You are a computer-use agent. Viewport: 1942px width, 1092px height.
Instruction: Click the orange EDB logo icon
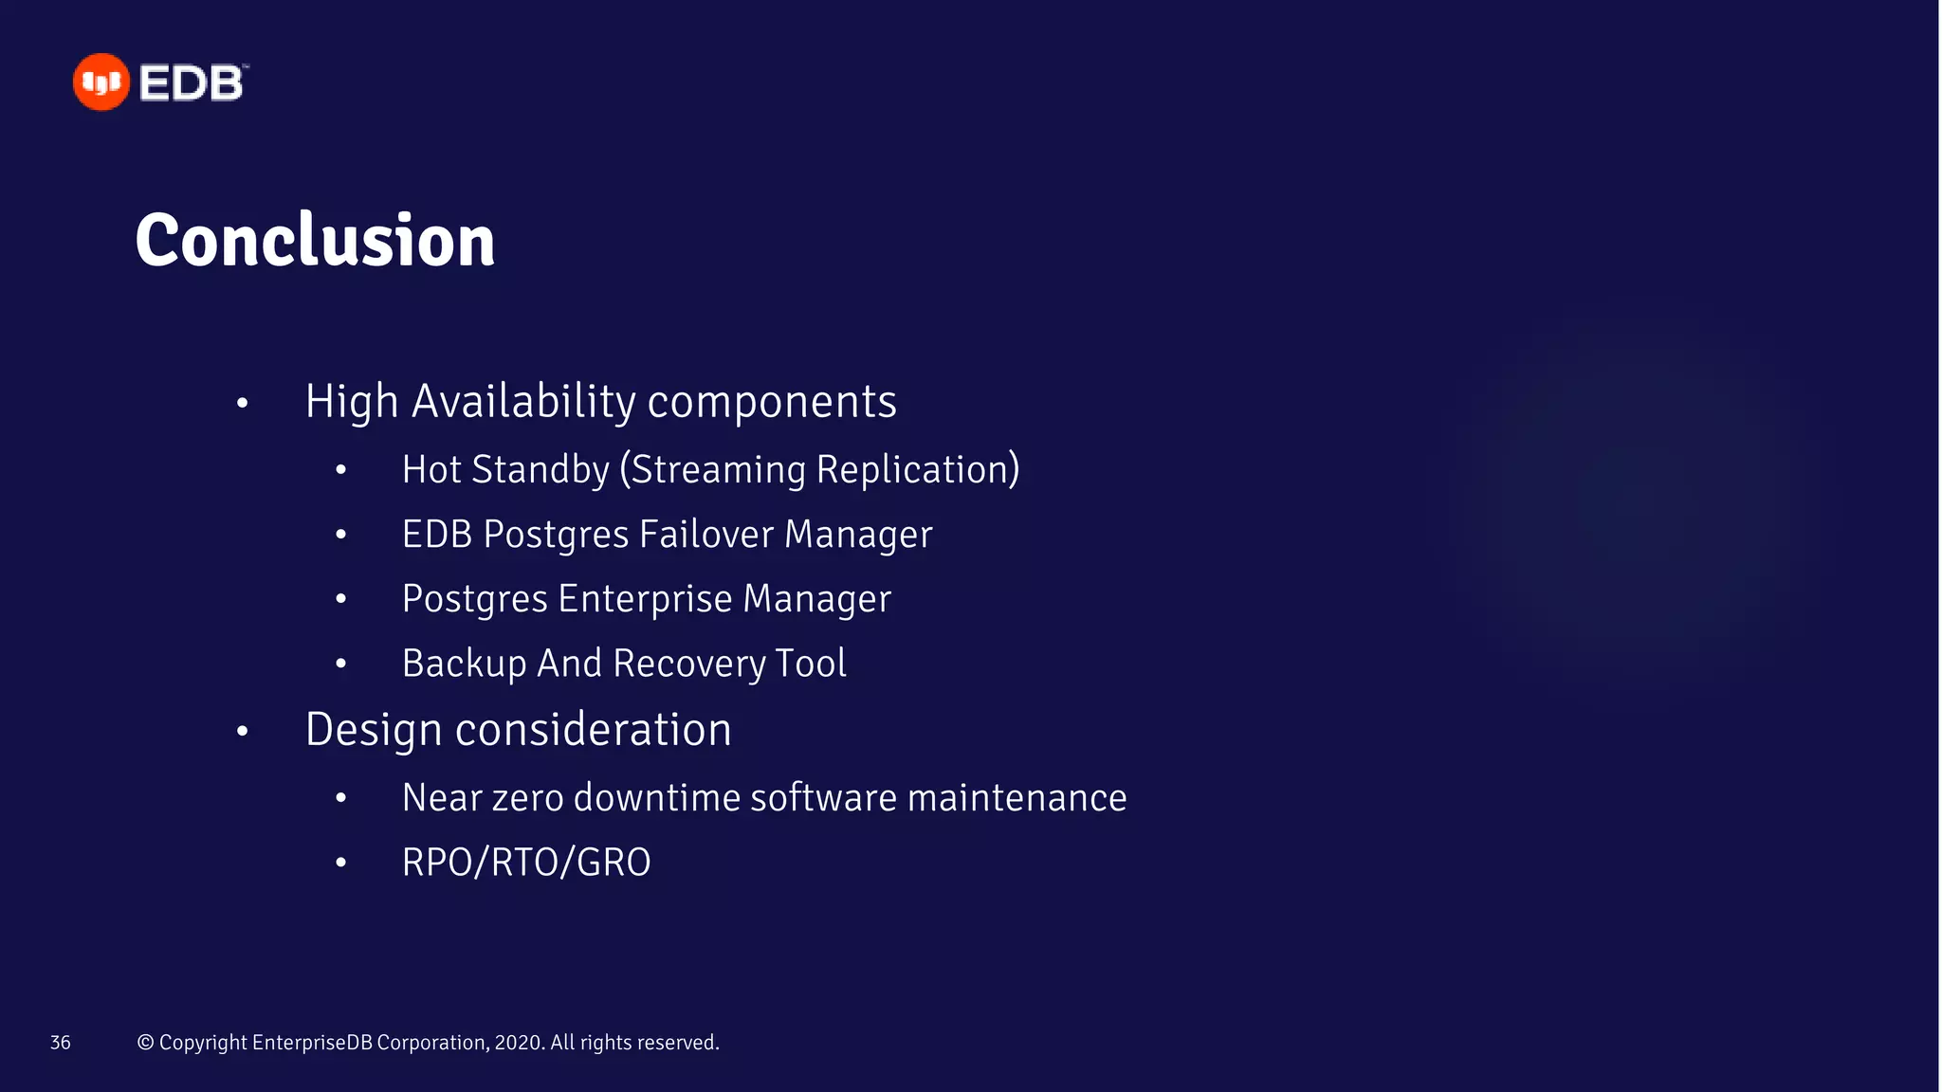(x=101, y=82)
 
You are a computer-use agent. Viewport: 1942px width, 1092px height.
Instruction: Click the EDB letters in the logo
(x=192, y=83)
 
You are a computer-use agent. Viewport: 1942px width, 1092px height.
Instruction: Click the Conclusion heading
(x=315, y=240)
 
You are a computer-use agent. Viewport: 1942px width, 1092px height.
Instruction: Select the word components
(x=772, y=402)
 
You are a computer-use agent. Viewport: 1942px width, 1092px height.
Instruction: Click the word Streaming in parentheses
(x=716, y=470)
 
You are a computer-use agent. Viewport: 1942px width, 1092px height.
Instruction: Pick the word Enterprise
(x=645, y=599)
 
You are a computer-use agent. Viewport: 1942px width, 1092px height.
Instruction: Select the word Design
(x=374, y=730)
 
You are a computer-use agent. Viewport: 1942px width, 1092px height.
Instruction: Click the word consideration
(x=594, y=730)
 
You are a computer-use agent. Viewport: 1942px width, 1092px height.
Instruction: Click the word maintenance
(x=1017, y=798)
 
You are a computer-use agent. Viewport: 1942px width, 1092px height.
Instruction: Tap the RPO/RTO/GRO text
(x=526, y=863)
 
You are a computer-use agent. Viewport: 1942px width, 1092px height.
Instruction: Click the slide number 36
(x=61, y=1043)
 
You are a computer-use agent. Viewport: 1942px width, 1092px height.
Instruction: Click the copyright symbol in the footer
(x=145, y=1043)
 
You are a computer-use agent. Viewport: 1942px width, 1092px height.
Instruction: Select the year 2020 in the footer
(x=519, y=1043)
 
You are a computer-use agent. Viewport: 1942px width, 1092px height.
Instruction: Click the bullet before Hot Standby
(x=341, y=470)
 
